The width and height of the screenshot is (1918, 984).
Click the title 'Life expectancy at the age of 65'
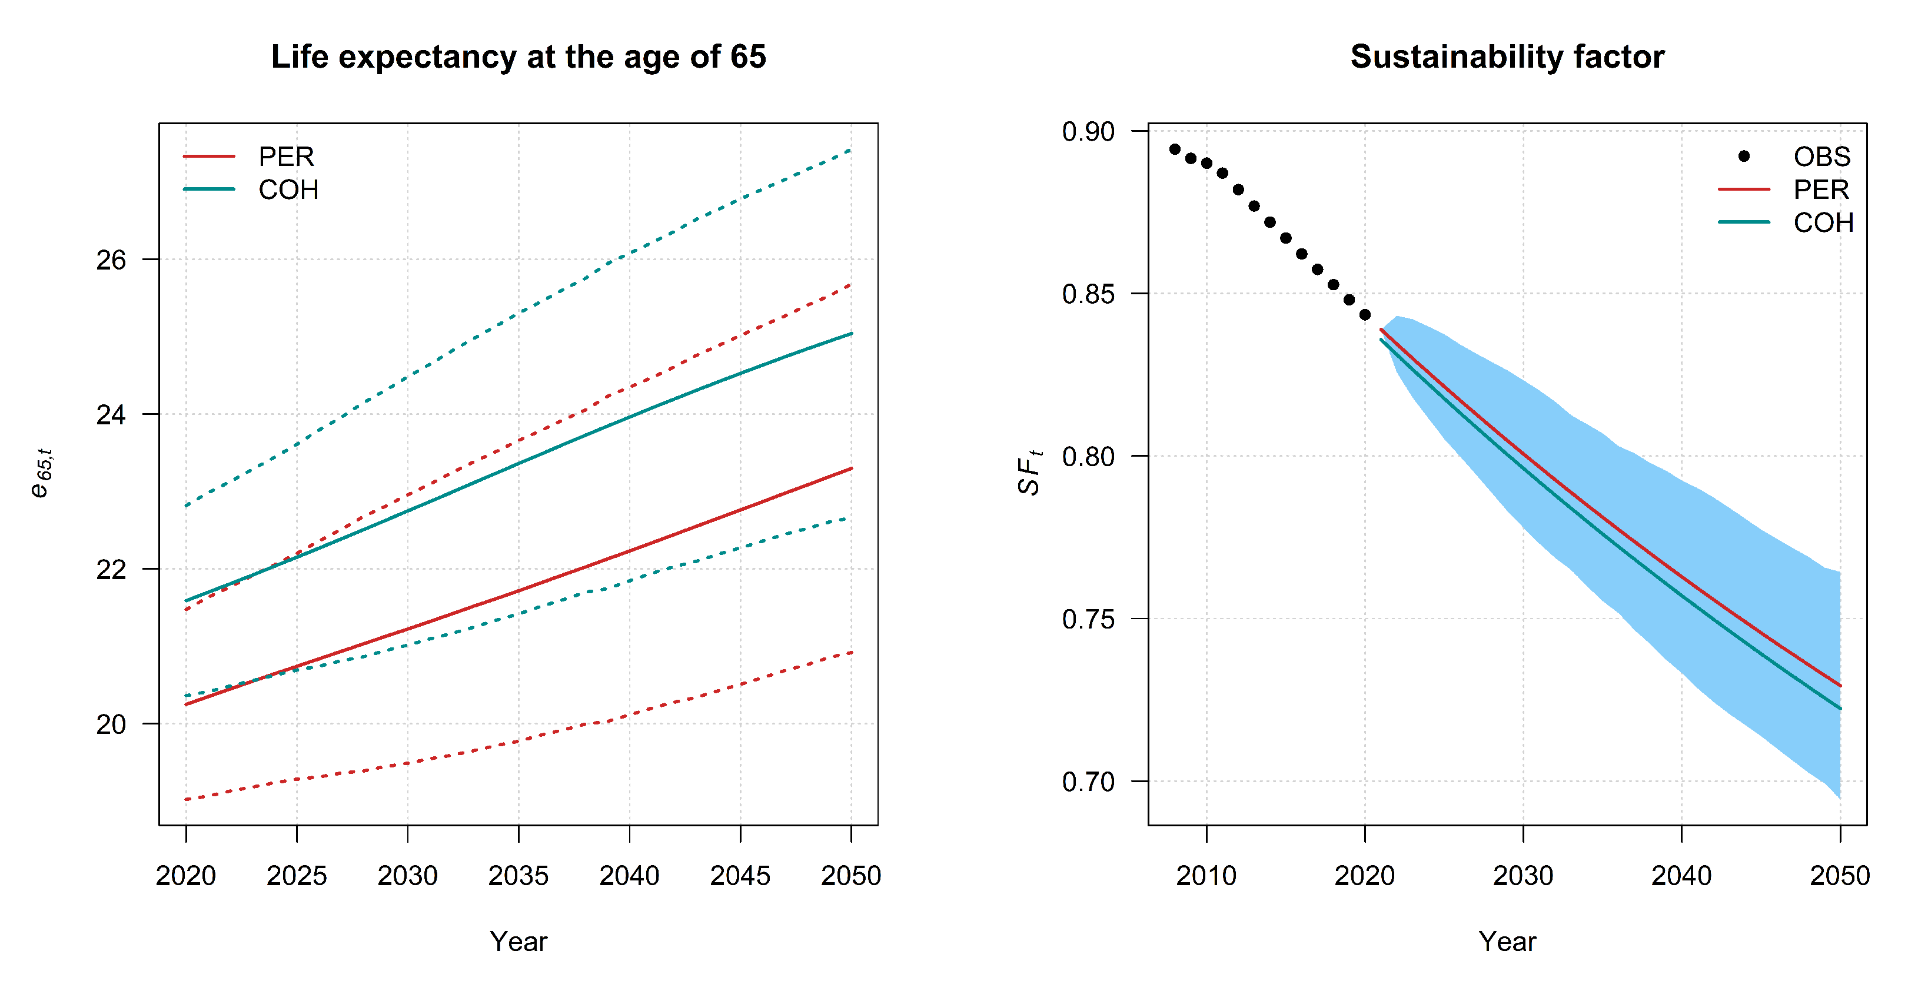[518, 57]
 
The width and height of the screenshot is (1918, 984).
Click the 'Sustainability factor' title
[1507, 57]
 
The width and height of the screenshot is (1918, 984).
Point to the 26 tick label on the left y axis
[111, 260]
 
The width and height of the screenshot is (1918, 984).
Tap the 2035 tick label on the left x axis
[518, 875]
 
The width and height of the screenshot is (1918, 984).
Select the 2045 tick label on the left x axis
[740, 875]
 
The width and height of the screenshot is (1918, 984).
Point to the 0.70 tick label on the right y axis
[1088, 782]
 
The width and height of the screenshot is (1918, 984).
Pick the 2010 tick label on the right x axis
[1206, 875]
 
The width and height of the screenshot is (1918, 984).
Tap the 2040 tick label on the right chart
[1681, 875]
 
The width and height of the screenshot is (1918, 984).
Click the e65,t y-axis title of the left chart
[42, 473]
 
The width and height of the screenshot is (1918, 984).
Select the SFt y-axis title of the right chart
[1030, 473]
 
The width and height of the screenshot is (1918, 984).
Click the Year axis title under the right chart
[1507, 942]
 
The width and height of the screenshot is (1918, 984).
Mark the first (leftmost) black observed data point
[1175, 149]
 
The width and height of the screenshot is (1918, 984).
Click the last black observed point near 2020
[1365, 315]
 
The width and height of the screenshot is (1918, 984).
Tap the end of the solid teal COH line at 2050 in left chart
[851, 334]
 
